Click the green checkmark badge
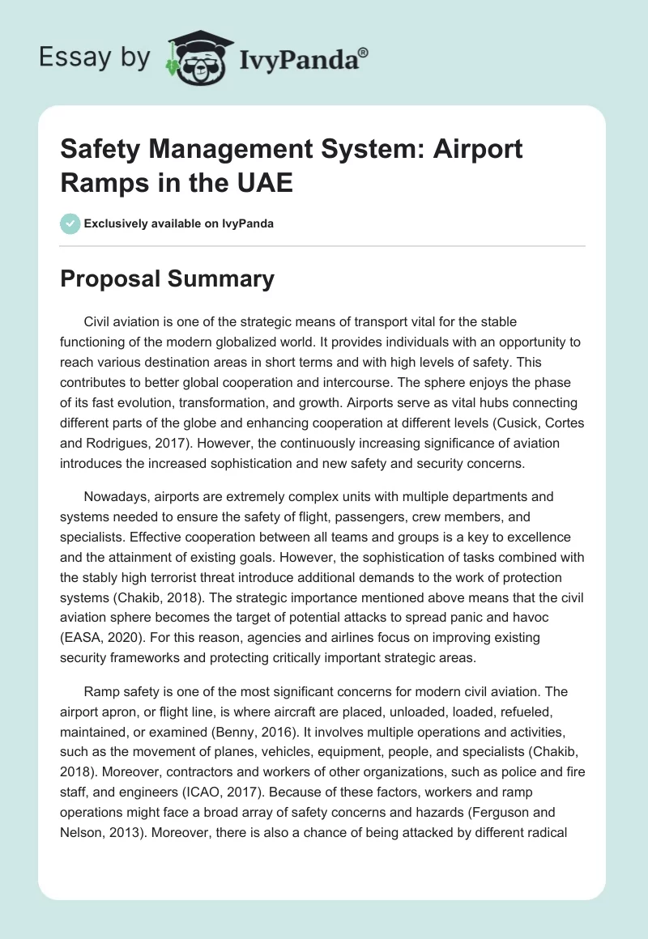pos(70,223)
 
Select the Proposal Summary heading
pos(168,279)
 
